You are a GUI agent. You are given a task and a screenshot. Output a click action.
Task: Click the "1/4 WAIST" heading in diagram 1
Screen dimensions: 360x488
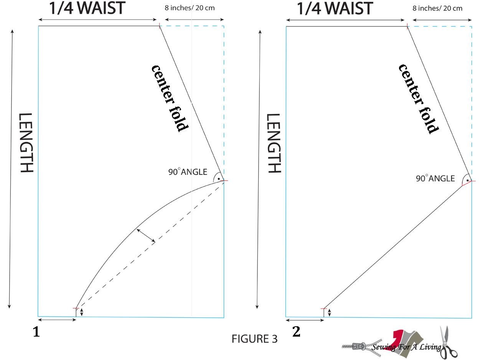coord(87,8)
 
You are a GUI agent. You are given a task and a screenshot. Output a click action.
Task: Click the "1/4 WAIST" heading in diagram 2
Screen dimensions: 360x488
coord(335,8)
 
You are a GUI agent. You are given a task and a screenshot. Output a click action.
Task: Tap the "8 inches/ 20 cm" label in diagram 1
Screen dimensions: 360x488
coord(190,8)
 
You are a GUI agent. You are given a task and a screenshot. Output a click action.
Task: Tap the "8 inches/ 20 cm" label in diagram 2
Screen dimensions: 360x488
coord(437,8)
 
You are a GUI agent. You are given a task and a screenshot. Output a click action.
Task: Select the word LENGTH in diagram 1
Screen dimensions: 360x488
coord(26,143)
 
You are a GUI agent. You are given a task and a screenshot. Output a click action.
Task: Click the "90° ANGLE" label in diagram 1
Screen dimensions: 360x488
coord(188,172)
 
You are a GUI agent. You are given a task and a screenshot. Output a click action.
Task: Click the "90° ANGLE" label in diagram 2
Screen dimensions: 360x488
coord(435,179)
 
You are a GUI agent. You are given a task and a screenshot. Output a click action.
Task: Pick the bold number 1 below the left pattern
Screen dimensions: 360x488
coord(36,332)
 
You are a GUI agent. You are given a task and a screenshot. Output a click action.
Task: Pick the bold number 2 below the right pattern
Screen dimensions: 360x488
coord(296,332)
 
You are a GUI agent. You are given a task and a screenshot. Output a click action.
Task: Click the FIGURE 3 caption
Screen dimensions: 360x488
coord(254,339)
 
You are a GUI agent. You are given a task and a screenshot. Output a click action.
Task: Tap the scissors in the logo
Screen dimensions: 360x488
coord(447,342)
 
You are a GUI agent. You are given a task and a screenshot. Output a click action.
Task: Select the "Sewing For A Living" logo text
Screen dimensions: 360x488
coord(407,347)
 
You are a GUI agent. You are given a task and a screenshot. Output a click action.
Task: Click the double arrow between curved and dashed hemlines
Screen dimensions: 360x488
coord(146,235)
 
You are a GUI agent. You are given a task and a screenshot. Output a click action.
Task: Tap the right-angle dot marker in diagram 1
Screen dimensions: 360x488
coord(219,178)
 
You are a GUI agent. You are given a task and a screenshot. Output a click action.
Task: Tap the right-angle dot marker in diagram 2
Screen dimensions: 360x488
coord(467,179)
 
